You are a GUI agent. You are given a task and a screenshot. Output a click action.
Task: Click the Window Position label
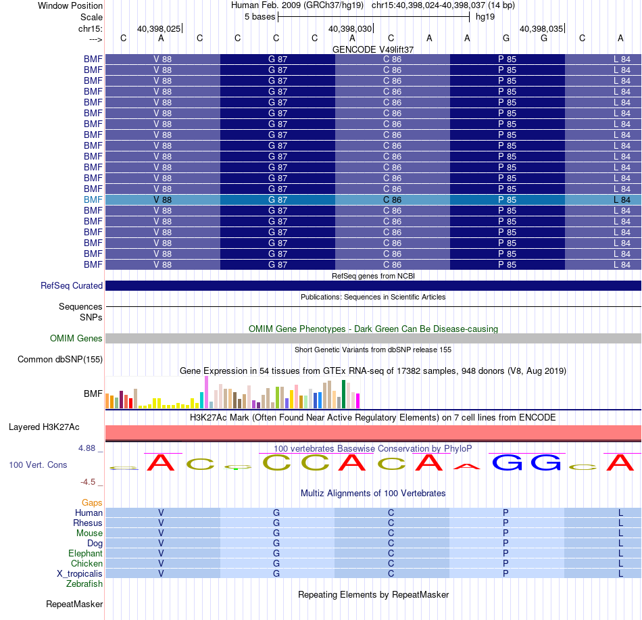pyautogui.click(x=70, y=5)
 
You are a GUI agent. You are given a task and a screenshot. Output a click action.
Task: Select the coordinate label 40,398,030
pyautogui.click(x=350, y=28)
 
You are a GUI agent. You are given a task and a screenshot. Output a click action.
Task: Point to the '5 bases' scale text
pyautogui.click(x=260, y=17)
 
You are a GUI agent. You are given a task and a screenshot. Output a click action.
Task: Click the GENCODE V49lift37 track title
pyautogui.click(x=373, y=49)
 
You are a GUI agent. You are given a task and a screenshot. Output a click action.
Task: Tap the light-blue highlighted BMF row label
pyautogui.click(x=93, y=200)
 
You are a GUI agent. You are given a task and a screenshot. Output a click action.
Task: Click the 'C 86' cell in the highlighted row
pyautogui.click(x=392, y=200)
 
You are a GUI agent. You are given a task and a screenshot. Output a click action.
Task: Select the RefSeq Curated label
pyautogui.click(x=72, y=286)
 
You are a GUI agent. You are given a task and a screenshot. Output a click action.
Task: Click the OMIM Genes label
pyautogui.click(x=76, y=338)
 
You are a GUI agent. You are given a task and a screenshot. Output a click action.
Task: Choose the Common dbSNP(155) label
pyautogui.click(x=60, y=359)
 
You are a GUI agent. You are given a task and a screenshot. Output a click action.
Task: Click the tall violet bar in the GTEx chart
pyautogui.click(x=206, y=392)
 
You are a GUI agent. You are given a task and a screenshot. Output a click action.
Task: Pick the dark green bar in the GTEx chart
pyautogui.click(x=343, y=394)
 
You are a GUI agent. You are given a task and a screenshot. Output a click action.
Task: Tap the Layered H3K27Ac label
pyautogui.click(x=44, y=427)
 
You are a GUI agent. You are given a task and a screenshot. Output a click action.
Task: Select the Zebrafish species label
pyautogui.click(x=84, y=584)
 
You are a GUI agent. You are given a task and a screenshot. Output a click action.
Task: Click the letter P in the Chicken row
pyautogui.click(x=505, y=563)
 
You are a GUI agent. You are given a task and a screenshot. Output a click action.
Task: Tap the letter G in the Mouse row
pyautogui.click(x=276, y=533)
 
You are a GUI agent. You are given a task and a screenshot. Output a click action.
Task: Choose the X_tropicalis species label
pyautogui.click(x=80, y=574)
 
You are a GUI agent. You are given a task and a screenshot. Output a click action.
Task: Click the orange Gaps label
pyautogui.click(x=92, y=503)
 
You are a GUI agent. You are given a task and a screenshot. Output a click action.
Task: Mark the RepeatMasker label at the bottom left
pyautogui.click(x=74, y=604)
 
